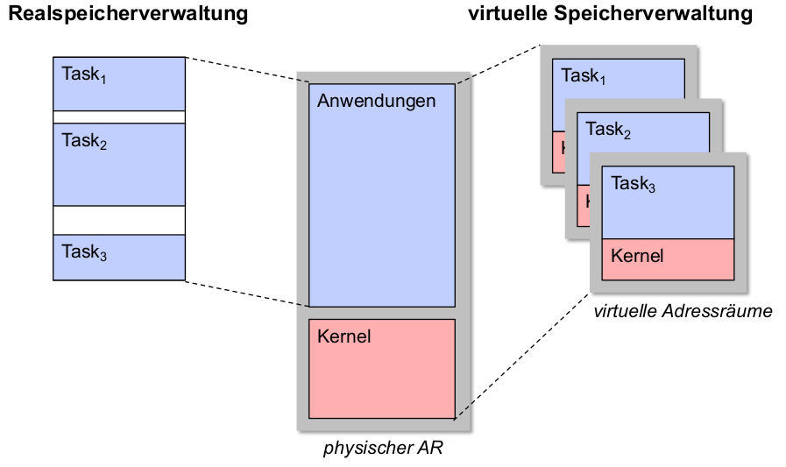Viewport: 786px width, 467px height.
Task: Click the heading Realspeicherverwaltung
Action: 127,14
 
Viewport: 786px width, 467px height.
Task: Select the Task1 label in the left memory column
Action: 84,74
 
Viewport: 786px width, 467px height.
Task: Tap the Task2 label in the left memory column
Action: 84,140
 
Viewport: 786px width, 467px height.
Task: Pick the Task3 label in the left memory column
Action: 84,252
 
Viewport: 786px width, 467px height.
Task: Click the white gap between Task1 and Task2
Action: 119,117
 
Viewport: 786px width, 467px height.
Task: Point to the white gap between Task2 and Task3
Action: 119,220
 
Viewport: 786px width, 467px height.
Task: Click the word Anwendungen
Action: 376,101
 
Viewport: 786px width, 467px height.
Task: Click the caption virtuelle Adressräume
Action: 683,311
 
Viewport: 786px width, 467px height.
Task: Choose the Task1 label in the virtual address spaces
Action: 584,76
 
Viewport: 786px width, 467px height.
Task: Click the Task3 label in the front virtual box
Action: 633,184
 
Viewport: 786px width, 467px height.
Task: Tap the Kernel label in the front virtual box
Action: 637,256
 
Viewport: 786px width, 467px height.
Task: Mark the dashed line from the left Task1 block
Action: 247,71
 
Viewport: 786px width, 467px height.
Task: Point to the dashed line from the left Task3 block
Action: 247,294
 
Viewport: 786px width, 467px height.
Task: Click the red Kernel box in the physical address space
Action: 382,377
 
